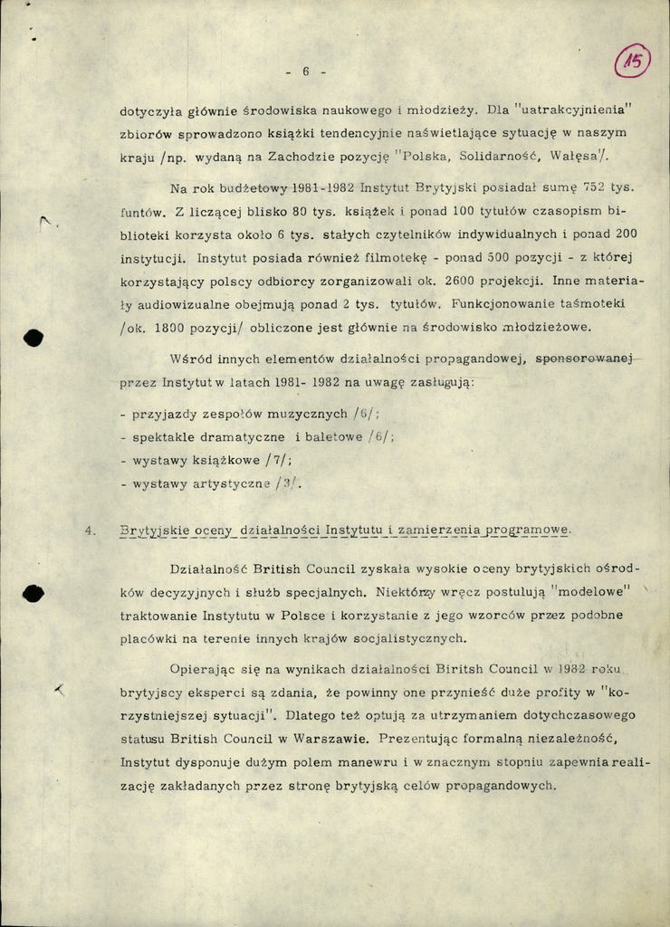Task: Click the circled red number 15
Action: coord(632,63)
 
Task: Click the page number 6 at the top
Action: coord(305,72)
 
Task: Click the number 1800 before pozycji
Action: coord(176,327)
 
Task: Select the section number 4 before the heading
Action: coord(90,530)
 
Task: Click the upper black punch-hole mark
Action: coord(33,338)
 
